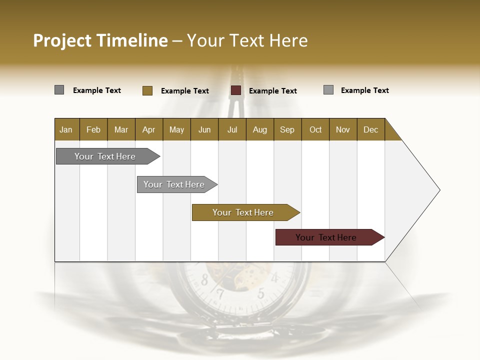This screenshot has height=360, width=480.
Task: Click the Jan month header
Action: pos(66,129)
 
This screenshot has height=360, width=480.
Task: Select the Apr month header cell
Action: pos(148,129)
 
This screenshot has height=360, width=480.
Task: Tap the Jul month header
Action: pos(232,129)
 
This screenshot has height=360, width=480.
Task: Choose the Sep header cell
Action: pos(287,129)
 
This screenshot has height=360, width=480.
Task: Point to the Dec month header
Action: pos(370,129)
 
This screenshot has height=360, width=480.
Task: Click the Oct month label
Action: pos(315,129)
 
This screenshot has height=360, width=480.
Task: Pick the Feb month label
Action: pos(93,129)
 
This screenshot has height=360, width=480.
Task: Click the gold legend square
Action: pos(147,90)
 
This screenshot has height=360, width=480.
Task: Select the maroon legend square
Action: pos(236,90)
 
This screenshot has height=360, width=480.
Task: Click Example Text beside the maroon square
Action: pos(272,91)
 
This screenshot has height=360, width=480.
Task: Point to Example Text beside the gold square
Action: pos(184,91)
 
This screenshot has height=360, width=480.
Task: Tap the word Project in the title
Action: pos(62,40)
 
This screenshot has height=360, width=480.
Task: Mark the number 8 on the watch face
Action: pos(204,280)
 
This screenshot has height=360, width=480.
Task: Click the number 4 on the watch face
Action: pos(274,278)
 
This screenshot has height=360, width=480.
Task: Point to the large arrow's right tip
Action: pos(439,190)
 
